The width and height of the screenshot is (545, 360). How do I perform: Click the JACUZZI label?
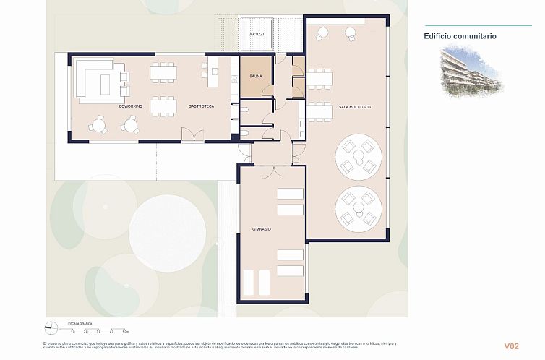[256, 35]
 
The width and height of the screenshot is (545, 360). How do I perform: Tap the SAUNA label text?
[256, 76]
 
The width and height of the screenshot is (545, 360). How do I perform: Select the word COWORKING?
[131, 106]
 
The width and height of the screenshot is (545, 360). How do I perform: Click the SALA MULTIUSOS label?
[355, 107]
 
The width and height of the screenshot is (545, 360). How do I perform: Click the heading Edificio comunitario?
[460, 35]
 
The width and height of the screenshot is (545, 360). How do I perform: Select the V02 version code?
[511, 346]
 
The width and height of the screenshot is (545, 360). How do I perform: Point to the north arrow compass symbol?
[51, 327]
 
